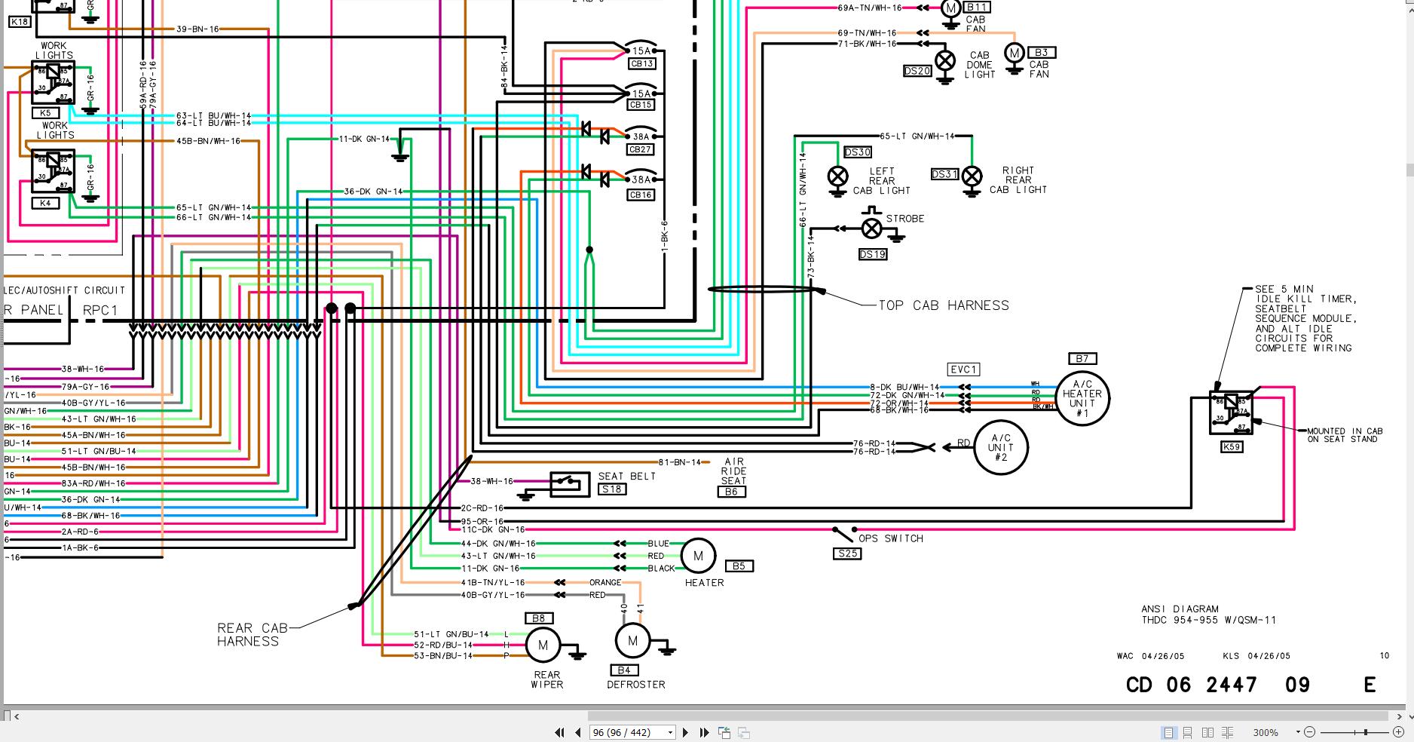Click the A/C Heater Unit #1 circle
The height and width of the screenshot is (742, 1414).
tap(1082, 398)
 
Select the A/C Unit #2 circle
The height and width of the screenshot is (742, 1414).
tap(1000, 448)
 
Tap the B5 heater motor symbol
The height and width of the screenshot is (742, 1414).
tap(698, 556)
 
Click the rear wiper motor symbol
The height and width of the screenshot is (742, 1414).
tap(543, 645)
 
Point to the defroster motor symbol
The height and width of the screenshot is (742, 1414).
tap(632, 642)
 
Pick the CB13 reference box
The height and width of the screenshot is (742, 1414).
tap(641, 64)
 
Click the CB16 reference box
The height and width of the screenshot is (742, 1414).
tap(640, 195)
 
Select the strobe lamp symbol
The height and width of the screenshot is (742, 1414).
tap(871, 228)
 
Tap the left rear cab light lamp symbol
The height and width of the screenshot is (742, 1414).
tap(837, 176)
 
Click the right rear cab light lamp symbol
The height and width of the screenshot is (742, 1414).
tap(972, 176)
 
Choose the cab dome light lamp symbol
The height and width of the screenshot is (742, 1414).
tap(945, 60)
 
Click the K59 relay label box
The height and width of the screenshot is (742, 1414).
tap(1231, 447)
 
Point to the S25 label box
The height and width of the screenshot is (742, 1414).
tap(847, 553)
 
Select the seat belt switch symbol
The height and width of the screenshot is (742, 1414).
tap(570, 484)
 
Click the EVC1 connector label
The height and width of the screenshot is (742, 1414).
tap(963, 369)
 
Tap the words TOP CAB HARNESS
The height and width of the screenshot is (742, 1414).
tap(943, 305)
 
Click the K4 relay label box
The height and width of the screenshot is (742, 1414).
tap(45, 204)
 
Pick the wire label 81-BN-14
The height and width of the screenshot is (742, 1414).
tap(679, 462)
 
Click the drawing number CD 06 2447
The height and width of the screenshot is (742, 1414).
tap(1191, 685)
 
